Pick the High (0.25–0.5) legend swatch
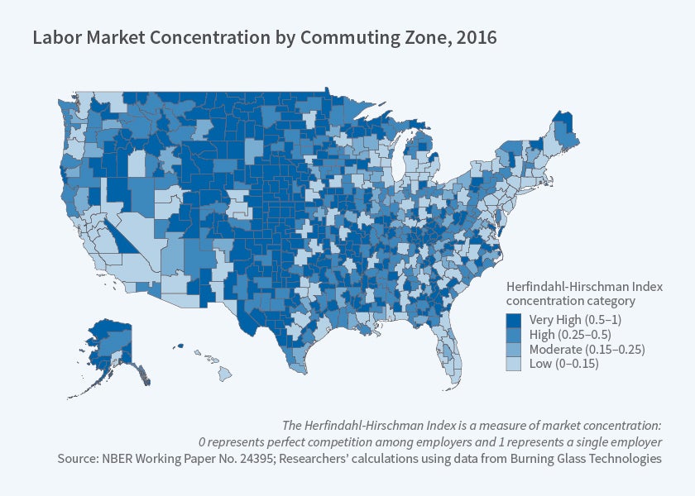click(514, 335)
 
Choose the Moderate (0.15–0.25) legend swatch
click(514, 349)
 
